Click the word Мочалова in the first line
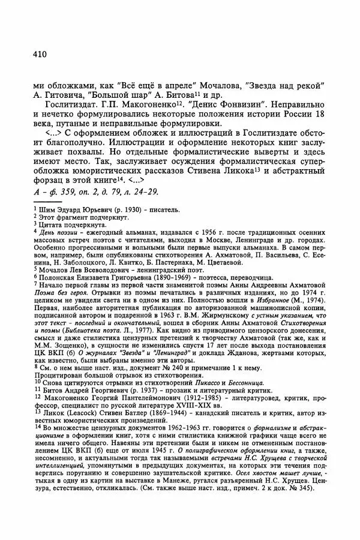[x=222, y=82]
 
